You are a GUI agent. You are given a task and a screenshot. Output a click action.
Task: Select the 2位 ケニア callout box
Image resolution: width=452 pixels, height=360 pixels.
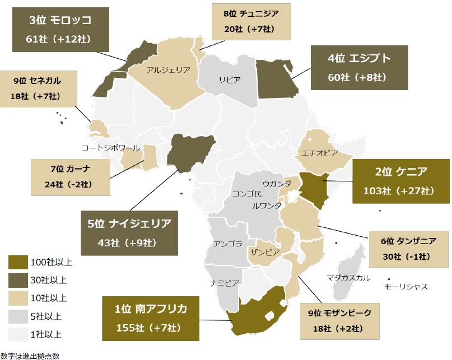pos(400,180)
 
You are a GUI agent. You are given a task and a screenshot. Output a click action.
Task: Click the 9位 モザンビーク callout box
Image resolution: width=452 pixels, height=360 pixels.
pos(341,321)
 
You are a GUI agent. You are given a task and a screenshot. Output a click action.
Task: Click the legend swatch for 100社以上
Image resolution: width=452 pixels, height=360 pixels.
pos(17,261)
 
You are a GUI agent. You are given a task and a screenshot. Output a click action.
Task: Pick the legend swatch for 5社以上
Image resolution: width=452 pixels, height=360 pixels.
pos(17,316)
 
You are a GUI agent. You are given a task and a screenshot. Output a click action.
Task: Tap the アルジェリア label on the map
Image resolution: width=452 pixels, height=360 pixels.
pos(168,70)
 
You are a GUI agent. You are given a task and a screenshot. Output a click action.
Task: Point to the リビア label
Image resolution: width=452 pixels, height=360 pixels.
pos(230,80)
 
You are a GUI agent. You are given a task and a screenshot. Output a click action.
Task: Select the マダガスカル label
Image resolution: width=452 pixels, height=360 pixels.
pos(348,277)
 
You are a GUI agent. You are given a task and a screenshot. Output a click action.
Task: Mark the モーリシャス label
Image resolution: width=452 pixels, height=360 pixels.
pos(406,287)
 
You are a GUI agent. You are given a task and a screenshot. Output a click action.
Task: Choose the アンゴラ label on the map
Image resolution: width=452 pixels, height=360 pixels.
pos(227,244)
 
